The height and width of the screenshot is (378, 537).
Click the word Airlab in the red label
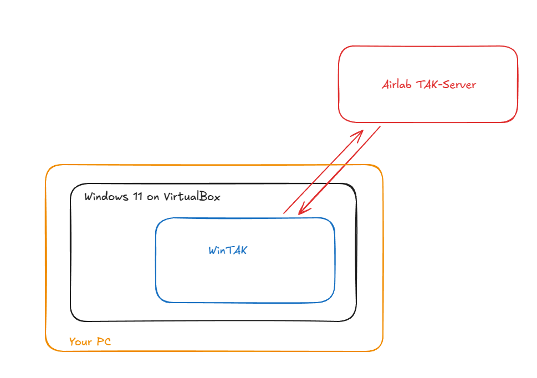coord(396,85)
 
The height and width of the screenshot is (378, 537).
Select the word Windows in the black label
coord(105,197)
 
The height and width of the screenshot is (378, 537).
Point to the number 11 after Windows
coord(136,197)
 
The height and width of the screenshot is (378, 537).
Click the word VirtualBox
coord(191,197)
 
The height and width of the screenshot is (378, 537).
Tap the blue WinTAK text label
coord(228,251)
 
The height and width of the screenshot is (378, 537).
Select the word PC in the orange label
coord(103,342)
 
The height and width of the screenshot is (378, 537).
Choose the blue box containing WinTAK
coord(245,277)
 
